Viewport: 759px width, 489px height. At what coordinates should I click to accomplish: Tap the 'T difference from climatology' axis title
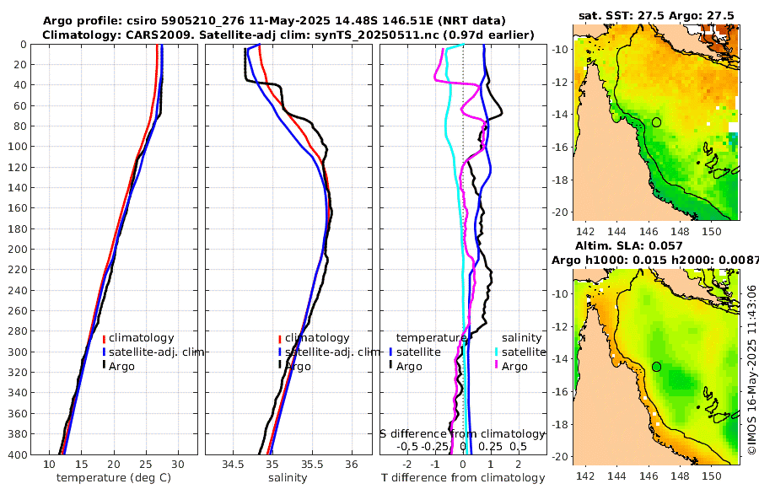(461, 478)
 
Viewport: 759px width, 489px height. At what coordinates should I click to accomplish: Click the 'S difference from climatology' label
(462, 433)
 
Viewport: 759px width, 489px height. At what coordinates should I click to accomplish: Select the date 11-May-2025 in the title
(286, 20)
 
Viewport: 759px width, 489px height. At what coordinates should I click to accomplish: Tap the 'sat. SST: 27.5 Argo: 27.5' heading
(656, 15)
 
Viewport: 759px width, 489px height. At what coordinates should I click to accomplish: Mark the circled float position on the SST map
(656, 122)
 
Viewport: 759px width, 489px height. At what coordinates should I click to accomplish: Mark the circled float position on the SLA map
(656, 367)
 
